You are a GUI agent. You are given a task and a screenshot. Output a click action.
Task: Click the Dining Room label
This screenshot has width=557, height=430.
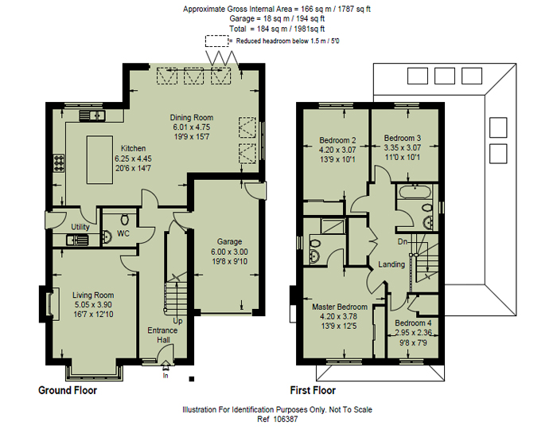coord(191,117)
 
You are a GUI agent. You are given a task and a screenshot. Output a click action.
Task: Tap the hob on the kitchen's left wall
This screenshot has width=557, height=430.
coord(59,164)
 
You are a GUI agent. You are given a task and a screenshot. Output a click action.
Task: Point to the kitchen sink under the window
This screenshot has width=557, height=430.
coord(92,116)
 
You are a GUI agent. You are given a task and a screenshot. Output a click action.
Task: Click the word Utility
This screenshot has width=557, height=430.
coord(80,227)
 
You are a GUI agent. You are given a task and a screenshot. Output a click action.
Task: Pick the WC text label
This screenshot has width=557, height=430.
coord(123,233)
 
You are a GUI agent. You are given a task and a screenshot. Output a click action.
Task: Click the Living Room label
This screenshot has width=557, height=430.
coord(93,294)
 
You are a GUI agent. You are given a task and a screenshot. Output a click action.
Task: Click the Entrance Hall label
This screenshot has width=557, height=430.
coord(162,334)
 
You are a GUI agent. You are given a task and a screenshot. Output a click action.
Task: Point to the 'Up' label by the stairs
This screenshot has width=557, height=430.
coord(177,321)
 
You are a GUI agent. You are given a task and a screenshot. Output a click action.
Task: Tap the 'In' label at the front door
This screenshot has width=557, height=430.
coord(166,375)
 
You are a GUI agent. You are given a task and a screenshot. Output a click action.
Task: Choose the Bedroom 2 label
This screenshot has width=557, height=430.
coord(337,140)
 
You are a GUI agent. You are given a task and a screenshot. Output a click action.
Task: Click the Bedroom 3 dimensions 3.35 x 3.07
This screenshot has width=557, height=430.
coord(401,147)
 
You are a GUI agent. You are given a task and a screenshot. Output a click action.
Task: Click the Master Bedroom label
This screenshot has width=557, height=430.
coord(340,307)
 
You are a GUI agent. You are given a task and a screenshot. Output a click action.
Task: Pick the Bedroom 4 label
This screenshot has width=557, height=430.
coord(413,322)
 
